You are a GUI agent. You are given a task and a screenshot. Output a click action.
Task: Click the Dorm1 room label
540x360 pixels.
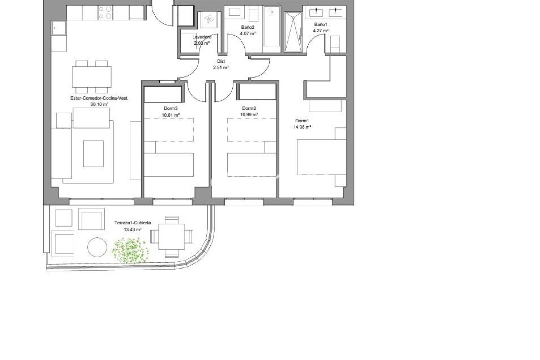coord(302,121)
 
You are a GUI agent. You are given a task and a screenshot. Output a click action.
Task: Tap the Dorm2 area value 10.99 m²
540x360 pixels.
coord(249,114)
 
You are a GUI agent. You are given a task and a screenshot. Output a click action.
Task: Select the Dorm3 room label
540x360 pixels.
coord(171,108)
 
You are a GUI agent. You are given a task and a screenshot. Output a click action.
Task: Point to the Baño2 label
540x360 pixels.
coord(248,27)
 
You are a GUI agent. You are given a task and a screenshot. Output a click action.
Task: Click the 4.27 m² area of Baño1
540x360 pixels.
coord(321,31)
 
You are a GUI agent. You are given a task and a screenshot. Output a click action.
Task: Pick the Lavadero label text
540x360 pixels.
coord(202,37)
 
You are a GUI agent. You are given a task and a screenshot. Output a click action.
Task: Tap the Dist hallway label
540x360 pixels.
coord(221,61)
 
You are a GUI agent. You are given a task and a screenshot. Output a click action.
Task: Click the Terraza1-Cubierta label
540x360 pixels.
coord(133,223)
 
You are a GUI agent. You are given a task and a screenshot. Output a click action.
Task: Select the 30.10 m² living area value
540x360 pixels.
coord(99,104)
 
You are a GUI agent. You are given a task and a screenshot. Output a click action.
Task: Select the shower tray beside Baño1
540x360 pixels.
coord(293,32)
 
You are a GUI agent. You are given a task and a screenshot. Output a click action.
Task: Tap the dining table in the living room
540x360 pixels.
coord(92,77)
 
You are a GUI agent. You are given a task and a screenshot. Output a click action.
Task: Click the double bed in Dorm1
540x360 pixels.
coord(321,157)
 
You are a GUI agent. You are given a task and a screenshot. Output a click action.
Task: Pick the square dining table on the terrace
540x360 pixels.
coord(172,237)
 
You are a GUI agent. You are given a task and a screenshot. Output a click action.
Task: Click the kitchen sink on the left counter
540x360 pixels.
coord(58,28)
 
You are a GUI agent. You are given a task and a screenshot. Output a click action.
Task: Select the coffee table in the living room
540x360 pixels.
coord(93,154)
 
